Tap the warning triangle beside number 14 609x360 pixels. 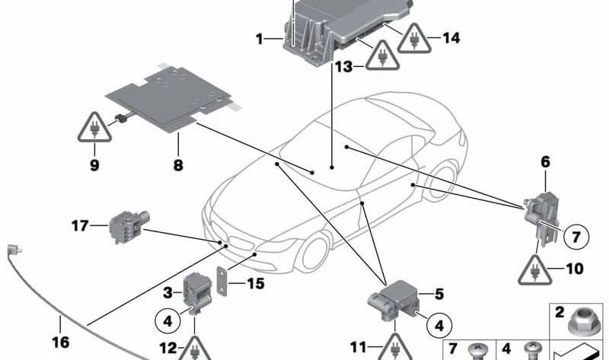pyautogui.click(x=413, y=37)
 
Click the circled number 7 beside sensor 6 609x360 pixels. pyautogui.click(x=576, y=237)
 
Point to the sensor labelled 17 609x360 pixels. pyautogui.click(x=121, y=226)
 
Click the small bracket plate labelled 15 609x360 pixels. pyautogui.click(x=222, y=284)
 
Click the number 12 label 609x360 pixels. pyautogui.click(x=169, y=349)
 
